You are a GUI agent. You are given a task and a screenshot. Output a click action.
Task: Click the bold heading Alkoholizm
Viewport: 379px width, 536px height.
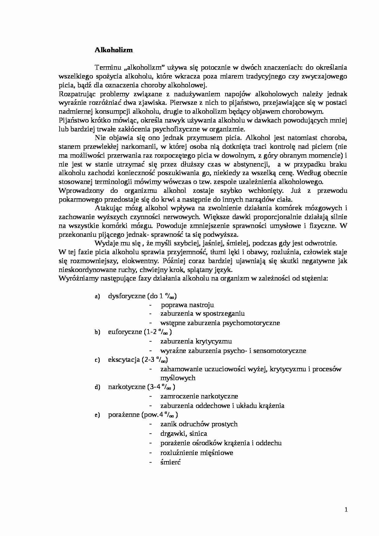point(114,50)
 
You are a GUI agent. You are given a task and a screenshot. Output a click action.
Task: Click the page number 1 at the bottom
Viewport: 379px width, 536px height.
point(346,510)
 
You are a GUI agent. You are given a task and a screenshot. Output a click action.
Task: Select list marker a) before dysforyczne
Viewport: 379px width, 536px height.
point(97,297)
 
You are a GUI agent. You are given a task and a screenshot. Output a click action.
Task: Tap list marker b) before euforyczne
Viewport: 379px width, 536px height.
point(97,332)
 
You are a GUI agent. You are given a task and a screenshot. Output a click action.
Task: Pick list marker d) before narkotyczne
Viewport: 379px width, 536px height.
point(97,387)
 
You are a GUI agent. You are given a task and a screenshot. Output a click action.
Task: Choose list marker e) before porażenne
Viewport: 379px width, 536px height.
point(97,415)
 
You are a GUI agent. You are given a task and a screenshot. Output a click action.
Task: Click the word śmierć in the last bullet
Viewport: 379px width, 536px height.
point(171,462)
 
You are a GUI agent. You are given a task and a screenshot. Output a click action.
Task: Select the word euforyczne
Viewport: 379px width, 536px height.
point(125,332)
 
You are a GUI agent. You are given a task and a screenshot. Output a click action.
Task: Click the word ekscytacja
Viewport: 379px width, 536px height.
point(124,360)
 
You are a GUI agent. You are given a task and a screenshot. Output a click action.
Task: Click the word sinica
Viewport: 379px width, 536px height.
point(198,433)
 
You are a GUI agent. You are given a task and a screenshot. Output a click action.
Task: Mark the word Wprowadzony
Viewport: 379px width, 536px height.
point(79,191)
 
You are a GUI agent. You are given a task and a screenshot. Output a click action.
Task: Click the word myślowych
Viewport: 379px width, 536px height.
point(178,378)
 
